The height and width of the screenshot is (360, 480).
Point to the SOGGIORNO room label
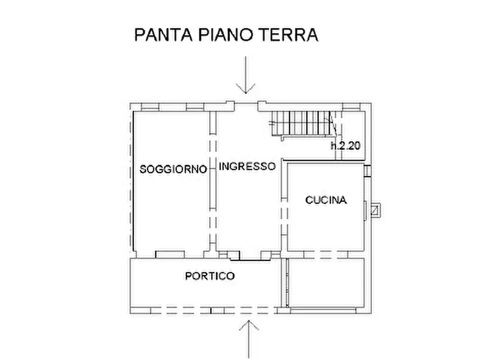[x=173, y=169]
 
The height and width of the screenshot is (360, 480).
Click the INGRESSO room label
[x=247, y=167]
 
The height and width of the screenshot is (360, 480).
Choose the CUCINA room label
[x=326, y=200]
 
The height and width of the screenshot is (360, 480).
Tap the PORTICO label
[x=210, y=276]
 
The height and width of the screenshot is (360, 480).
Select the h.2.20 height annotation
[x=346, y=146]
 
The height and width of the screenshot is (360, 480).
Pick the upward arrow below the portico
[x=249, y=339]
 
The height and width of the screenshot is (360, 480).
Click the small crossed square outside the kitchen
[x=376, y=210]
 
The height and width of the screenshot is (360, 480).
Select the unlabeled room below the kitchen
[x=326, y=283]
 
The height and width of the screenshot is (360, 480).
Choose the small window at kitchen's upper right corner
[x=367, y=171]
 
